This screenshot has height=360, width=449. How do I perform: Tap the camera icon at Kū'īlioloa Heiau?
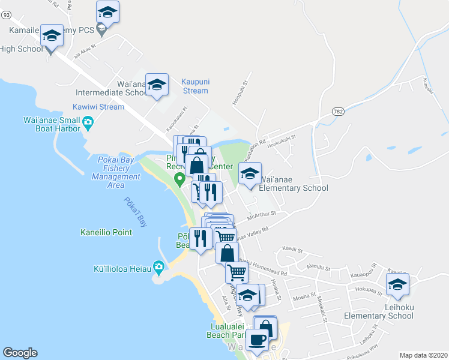tap(158, 266)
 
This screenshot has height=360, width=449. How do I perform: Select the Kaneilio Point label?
tap(106, 232)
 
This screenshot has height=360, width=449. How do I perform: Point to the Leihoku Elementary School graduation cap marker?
tap(397, 285)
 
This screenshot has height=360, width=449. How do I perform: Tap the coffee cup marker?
tap(258, 340)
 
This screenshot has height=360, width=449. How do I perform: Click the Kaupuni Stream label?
tap(194, 86)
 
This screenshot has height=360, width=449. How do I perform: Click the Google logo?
tap(20, 353)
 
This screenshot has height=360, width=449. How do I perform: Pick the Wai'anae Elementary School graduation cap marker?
tap(250, 174)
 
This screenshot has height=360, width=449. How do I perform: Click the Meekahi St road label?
tap(321, 307)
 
